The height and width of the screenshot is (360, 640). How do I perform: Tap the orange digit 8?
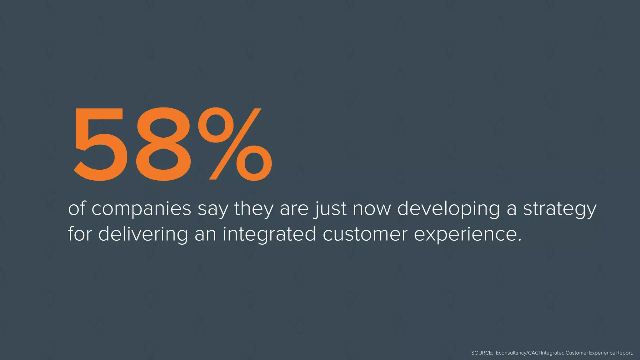163,144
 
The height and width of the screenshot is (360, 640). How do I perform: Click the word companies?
141,209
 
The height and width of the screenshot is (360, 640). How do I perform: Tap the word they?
253,209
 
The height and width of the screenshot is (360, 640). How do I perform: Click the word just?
331,209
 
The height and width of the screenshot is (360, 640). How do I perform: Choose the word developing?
448,209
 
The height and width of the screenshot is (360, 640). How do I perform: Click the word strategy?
560,209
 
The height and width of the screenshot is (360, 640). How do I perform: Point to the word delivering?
143,234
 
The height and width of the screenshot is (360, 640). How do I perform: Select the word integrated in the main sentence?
269,234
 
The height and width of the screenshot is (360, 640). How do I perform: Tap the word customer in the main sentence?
365,234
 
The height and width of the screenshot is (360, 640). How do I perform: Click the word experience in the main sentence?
467,234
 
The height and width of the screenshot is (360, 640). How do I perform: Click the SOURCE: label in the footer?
482,353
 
